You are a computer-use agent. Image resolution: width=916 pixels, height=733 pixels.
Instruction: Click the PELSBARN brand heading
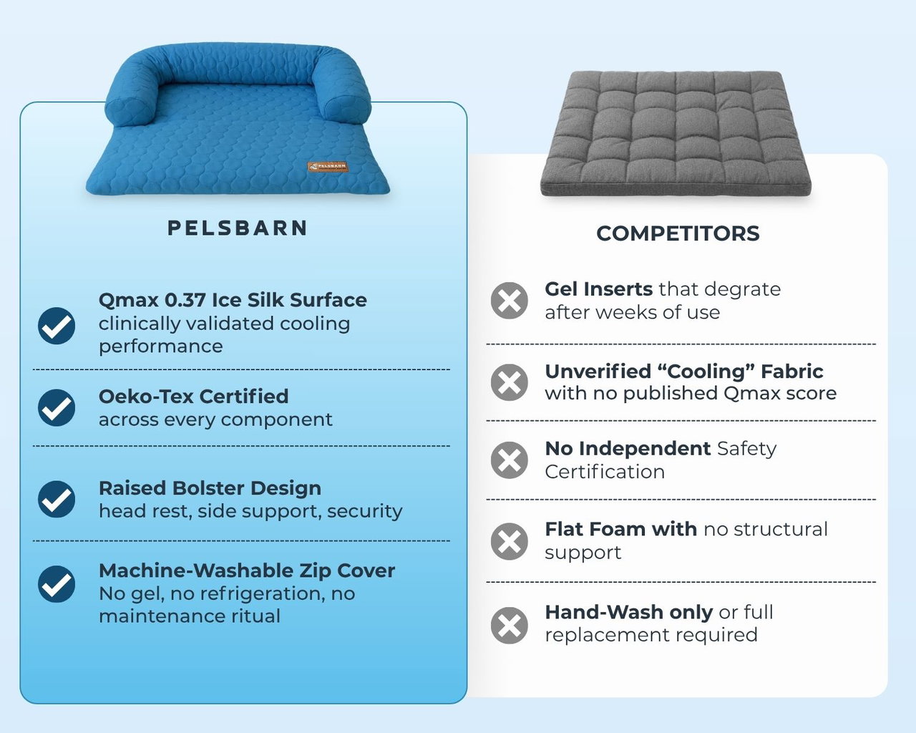click(237, 228)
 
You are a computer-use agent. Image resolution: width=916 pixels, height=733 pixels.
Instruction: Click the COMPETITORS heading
click(678, 233)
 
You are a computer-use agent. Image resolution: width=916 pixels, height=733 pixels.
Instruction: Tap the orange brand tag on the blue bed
click(328, 167)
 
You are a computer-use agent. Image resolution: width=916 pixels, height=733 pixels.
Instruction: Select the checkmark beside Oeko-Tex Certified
click(57, 407)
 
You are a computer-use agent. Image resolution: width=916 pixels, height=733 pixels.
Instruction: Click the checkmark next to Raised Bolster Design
click(57, 499)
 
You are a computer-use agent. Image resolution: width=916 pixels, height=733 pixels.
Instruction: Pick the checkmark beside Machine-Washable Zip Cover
click(57, 584)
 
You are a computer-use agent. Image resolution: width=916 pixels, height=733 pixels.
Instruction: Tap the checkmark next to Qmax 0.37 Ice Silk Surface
click(57, 326)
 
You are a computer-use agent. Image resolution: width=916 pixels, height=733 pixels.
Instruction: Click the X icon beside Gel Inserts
click(510, 300)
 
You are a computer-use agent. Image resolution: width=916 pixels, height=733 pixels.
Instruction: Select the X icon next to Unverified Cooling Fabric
click(510, 382)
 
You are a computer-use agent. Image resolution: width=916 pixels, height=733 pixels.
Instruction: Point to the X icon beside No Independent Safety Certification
click(510, 460)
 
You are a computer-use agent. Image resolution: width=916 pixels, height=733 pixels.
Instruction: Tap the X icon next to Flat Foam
click(510, 541)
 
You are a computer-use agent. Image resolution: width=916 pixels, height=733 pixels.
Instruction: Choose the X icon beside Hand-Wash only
click(510, 625)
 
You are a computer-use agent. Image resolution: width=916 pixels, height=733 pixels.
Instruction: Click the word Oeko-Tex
click(145, 397)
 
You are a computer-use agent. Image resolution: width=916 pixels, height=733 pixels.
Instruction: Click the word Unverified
click(598, 372)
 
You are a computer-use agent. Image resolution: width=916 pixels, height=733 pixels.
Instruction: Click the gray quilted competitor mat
click(676, 133)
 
